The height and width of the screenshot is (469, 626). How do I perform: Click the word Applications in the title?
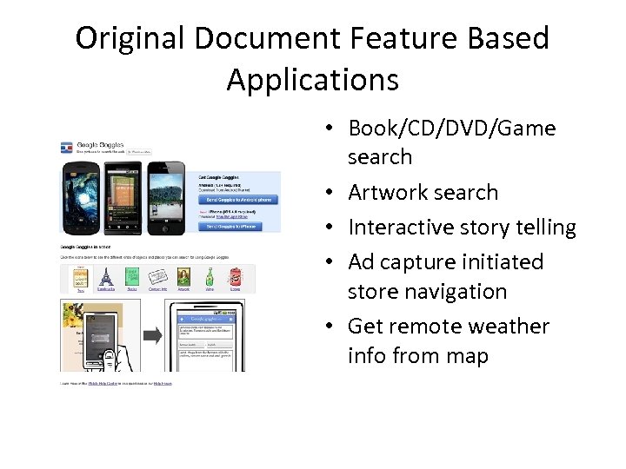[313, 80]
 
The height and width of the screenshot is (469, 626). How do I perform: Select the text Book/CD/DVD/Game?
[451, 129]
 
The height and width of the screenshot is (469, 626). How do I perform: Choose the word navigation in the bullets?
[427, 292]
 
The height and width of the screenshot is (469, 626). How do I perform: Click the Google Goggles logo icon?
[66, 148]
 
